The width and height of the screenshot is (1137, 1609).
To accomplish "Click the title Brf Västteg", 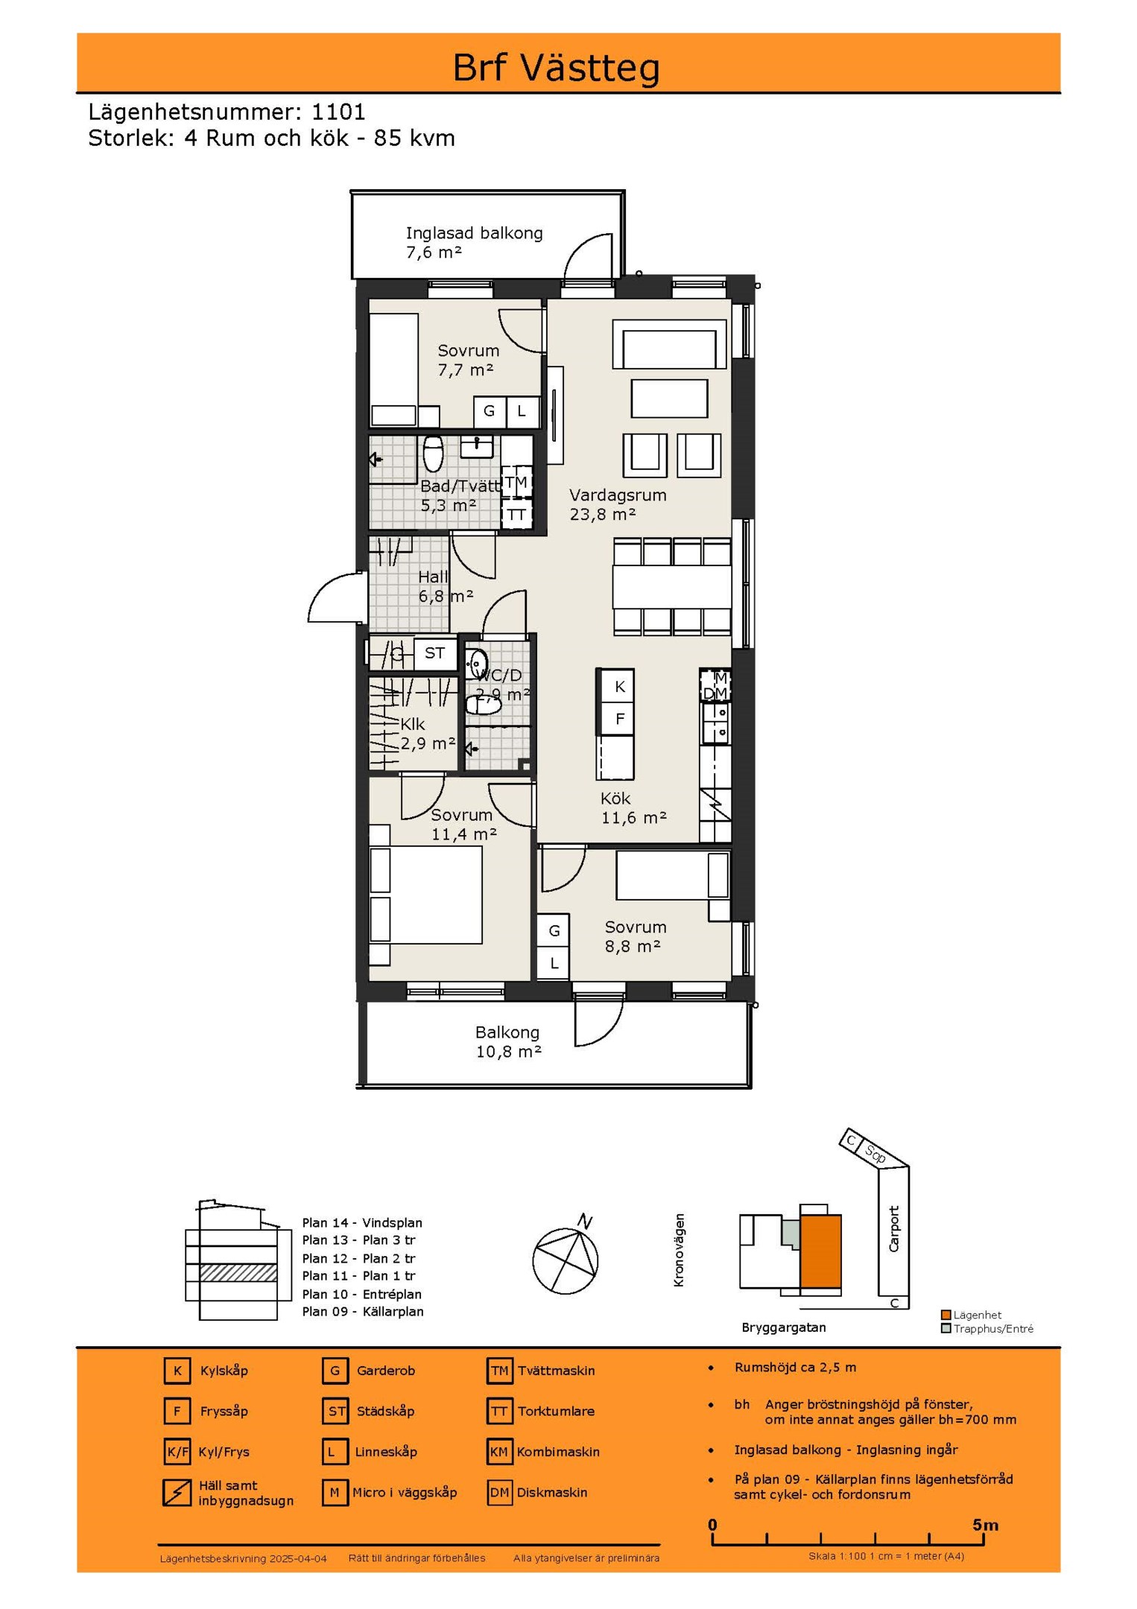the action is tap(556, 68).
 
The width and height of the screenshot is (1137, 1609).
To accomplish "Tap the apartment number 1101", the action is tap(338, 112).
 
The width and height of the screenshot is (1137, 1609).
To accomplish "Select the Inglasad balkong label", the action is tap(474, 233).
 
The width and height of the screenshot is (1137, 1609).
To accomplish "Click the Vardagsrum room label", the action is tap(618, 495).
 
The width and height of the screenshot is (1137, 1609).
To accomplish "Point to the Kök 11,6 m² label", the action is tap(633, 808).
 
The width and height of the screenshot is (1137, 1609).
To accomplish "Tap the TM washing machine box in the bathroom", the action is tap(516, 483).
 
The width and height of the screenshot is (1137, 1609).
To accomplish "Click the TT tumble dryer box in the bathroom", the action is tap(516, 515).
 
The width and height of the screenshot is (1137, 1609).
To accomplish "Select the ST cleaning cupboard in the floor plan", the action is tap(435, 654).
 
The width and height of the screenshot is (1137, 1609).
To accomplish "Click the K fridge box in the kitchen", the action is tap(619, 686).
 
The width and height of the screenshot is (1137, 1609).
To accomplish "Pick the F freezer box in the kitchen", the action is tap(619, 719).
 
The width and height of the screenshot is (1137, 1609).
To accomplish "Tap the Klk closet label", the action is tap(413, 724).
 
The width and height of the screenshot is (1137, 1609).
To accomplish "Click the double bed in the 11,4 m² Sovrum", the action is tap(426, 895).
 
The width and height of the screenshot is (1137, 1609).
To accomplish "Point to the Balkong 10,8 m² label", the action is tap(508, 1041).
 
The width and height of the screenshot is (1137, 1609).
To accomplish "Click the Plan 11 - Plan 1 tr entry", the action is tap(359, 1276).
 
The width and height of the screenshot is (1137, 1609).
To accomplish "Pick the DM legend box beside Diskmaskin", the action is tap(499, 1492).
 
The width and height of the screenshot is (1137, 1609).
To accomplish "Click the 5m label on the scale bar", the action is tap(985, 1525).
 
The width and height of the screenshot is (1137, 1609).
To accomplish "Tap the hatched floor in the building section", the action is tap(238, 1272).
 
